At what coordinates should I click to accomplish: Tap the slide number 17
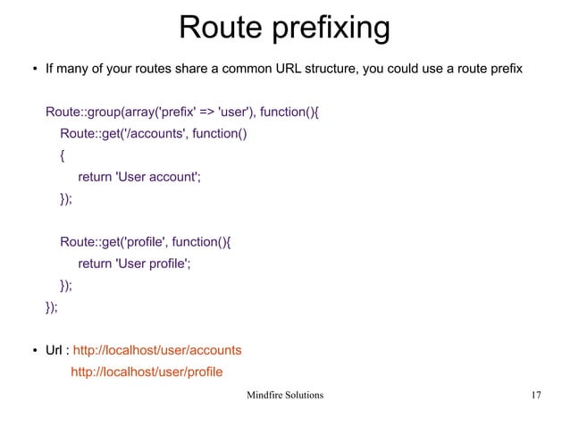tap(536, 394)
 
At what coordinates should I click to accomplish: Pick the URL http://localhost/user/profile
tap(147, 372)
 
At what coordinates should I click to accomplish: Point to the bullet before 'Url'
tap(26, 349)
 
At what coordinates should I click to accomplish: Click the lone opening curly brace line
tap(63, 155)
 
